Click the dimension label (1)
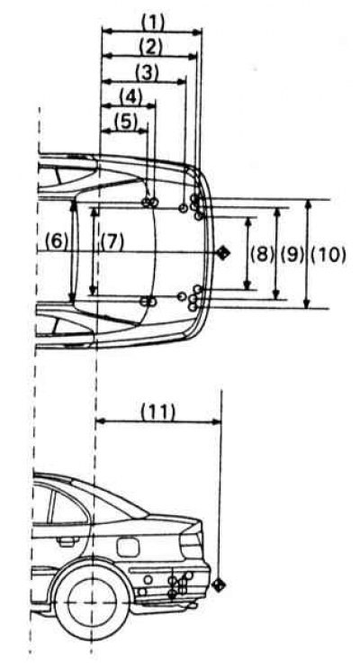pyautogui.click(x=152, y=23)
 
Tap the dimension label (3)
pyautogui.click(x=147, y=72)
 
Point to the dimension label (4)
pyautogui.click(x=130, y=97)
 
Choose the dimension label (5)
pyautogui.click(x=126, y=122)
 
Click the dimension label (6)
pyautogui.click(x=56, y=243)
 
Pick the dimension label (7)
pyautogui.click(x=112, y=243)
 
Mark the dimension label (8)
pyautogui.click(x=261, y=255)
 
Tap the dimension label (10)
pyautogui.click(x=328, y=255)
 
